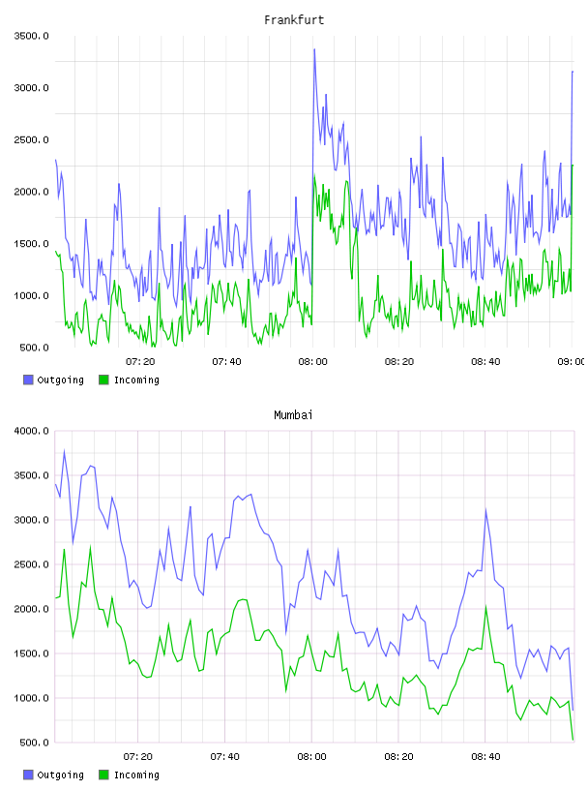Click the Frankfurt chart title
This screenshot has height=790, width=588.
pyautogui.click(x=294, y=20)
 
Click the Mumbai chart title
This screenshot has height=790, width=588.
pyautogui.click(x=293, y=415)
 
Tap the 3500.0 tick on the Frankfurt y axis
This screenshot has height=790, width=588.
pyautogui.click(x=31, y=36)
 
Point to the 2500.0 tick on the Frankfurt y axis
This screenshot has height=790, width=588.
pyautogui.click(x=31, y=139)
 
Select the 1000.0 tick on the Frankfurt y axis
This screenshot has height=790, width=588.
pyautogui.click(x=31, y=295)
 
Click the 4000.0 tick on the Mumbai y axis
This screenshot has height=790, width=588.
pyautogui.click(x=31, y=431)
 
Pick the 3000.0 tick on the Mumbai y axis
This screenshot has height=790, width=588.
pyautogui.click(x=31, y=520)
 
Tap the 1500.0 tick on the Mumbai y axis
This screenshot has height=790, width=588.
pyautogui.click(x=31, y=653)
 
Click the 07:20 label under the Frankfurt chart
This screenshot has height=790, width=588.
pyautogui.click(x=140, y=362)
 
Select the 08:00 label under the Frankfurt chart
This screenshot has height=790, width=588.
pyautogui.click(x=312, y=362)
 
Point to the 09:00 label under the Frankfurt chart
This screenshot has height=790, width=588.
pyautogui.click(x=572, y=362)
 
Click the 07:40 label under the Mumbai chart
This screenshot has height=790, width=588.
pyautogui.click(x=225, y=757)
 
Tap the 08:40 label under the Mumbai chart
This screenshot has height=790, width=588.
pyautogui.click(x=485, y=757)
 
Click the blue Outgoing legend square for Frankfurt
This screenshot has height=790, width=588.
pyautogui.click(x=28, y=380)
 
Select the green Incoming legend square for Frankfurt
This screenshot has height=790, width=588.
pyautogui.click(x=103, y=380)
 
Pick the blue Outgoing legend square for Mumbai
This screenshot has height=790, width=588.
pyautogui.click(x=28, y=775)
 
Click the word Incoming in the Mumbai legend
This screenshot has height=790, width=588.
pyautogui.click(x=136, y=775)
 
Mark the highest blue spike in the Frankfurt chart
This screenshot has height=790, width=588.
pyautogui.click(x=314, y=49)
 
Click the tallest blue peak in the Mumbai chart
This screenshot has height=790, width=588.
pyautogui.click(x=64, y=451)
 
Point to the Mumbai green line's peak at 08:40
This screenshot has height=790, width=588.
pyautogui.click(x=485, y=607)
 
